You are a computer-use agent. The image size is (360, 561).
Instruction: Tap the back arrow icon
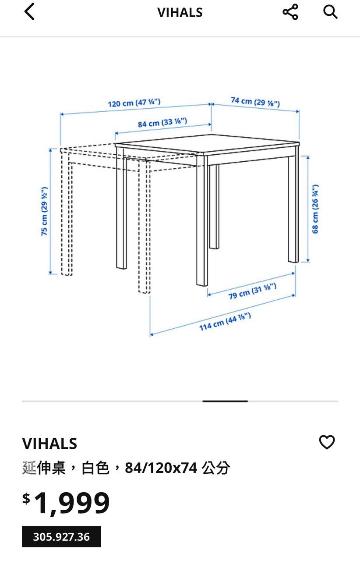tap(29, 11)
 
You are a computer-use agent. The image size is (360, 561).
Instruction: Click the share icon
tap(290, 12)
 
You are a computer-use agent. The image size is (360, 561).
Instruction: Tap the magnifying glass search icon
tap(330, 12)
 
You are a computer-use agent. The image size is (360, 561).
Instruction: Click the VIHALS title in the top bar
tap(180, 13)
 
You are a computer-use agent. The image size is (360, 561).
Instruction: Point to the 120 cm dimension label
tap(134, 103)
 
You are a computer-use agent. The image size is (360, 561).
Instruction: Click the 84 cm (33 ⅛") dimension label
tap(162, 122)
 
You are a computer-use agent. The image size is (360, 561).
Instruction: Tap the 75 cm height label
tap(44, 211)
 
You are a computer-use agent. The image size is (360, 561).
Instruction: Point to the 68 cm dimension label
tap(315, 209)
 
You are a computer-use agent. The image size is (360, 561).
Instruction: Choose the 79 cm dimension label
tap(252, 291)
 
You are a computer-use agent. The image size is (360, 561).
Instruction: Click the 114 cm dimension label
tap(225, 322)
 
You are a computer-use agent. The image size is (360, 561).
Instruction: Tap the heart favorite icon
tap(327, 442)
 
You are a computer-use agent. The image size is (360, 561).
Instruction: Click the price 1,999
tap(71, 503)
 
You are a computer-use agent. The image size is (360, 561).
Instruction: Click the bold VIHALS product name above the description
tap(49, 444)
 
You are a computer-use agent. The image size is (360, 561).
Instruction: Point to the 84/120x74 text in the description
tap(161, 468)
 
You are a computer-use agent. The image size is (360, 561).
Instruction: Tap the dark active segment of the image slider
tap(225, 401)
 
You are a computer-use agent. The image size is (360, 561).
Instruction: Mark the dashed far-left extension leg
tap(67, 213)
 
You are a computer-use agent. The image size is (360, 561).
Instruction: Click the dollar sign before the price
tap(26, 498)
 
